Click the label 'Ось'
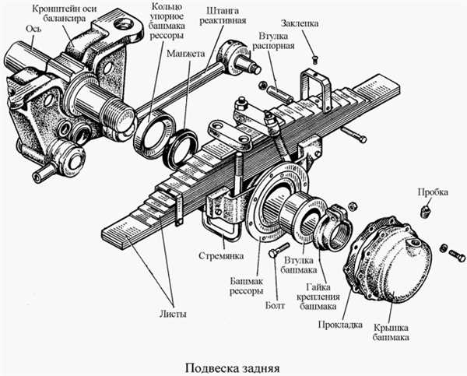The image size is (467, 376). click(x=33, y=29)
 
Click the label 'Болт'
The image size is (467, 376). click(x=276, y=305)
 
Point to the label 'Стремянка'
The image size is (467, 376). click(x=221, y=255)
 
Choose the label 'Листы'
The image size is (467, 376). click(x=173, y=314)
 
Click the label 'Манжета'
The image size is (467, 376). click(x=186, y=54)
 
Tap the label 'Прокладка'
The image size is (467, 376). click(x=340, y=324)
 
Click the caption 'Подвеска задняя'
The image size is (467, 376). click(x=233, y=368)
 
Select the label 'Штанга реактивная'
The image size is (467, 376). click(x=223, y=16)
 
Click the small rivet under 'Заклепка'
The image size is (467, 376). click(x=314, y=60)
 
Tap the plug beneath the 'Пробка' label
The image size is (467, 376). click(x=425, y=211)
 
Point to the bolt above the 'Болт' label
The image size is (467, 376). click(x=279, y=250)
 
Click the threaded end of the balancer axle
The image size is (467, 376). click(x=117, y=115)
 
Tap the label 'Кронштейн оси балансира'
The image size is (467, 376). click(x=65, y=13)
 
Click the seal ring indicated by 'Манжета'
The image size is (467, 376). click(x=181, y=147)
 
